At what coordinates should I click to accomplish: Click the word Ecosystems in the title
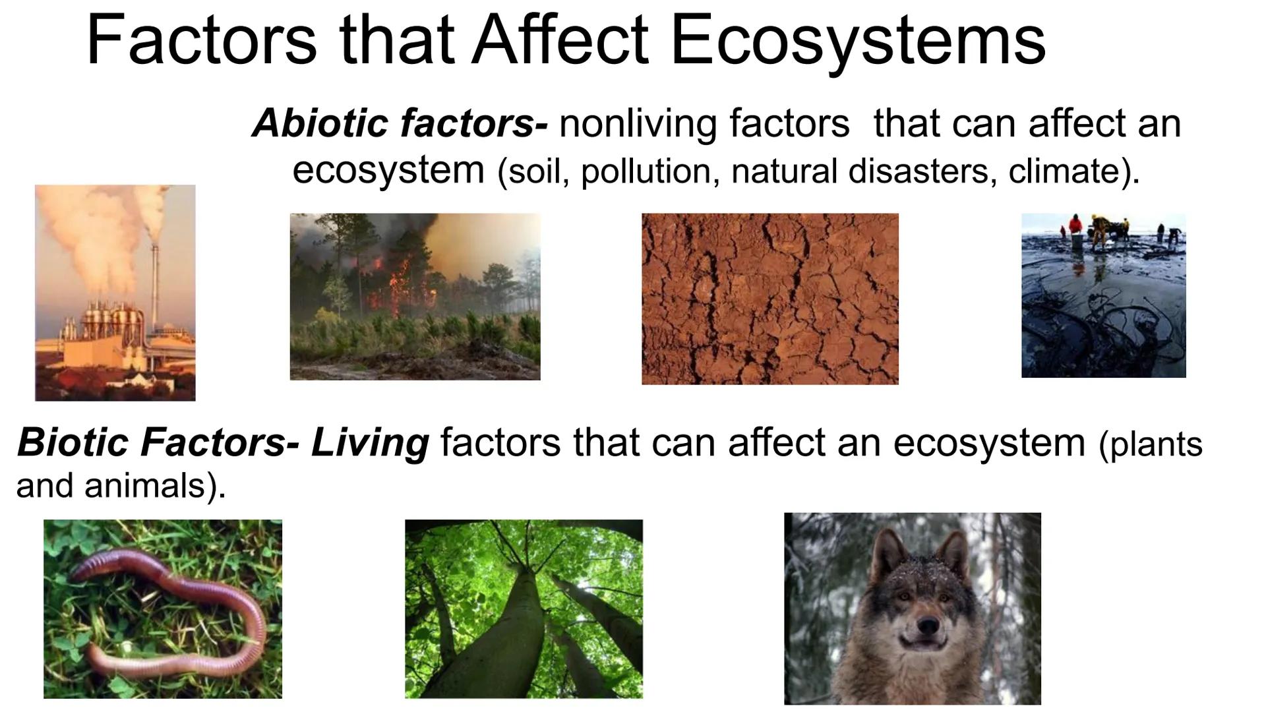857,41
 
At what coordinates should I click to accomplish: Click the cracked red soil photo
769,299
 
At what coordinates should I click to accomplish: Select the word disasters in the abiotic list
923,171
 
